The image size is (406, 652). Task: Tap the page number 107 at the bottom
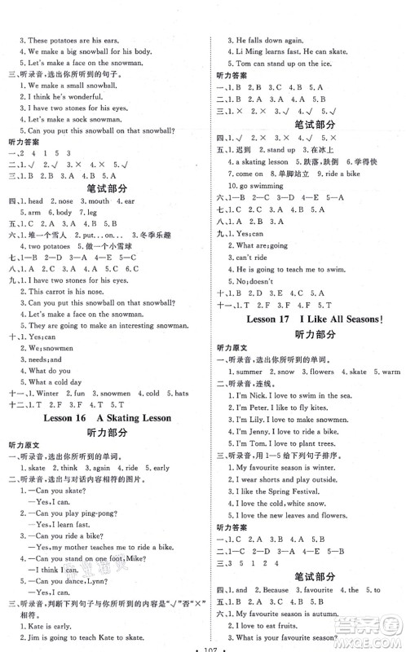click(201, 645)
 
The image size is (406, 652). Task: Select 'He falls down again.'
click(267, 39)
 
